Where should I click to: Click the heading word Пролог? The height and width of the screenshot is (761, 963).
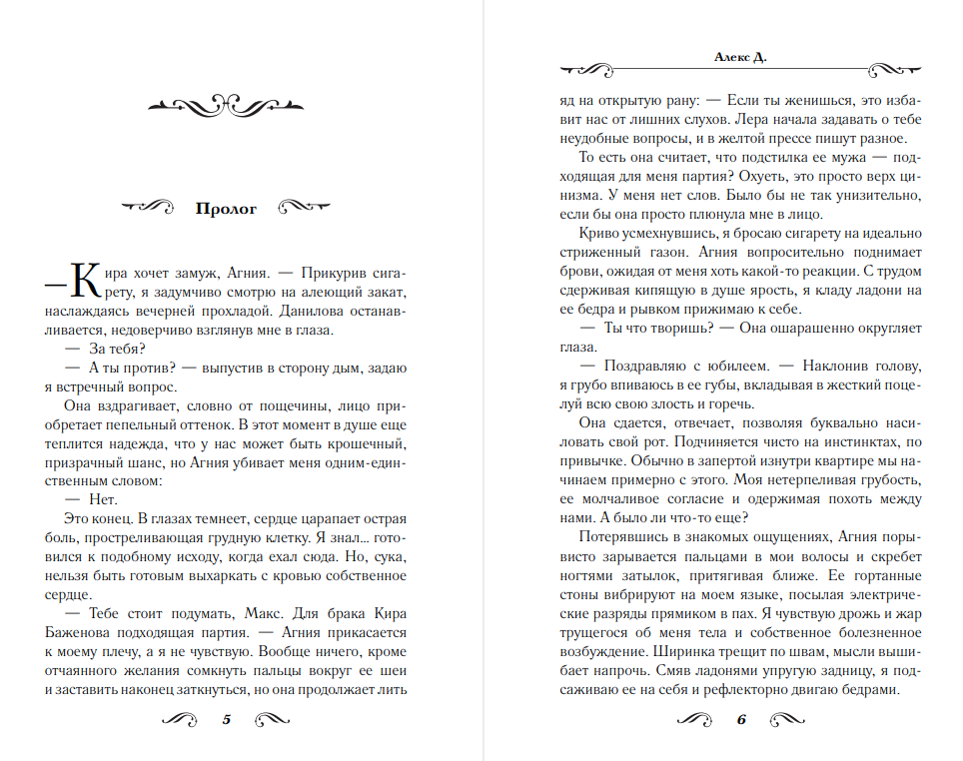point(226,209)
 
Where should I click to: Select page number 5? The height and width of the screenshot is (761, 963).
point(226,719)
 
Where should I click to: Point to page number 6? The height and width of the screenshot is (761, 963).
point(741,719)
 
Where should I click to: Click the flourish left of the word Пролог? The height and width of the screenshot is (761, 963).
point(147,209)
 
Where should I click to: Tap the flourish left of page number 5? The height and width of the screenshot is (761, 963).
point(182,719)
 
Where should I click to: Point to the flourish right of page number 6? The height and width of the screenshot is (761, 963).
point(785,719)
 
